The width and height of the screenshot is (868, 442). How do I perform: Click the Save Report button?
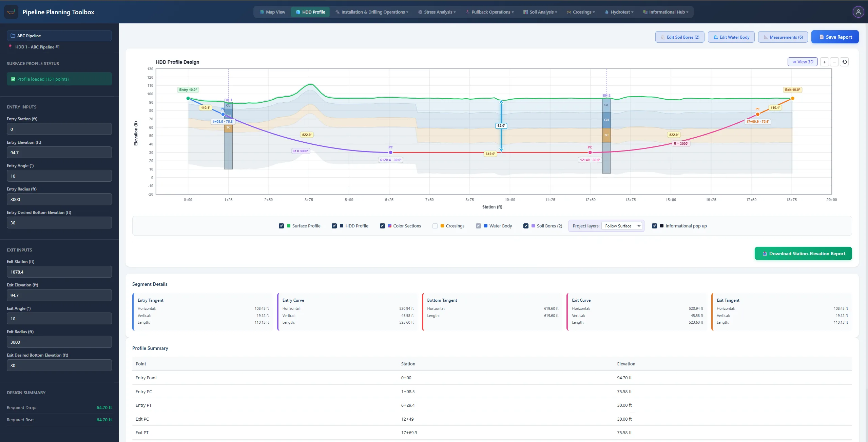coord(835,37)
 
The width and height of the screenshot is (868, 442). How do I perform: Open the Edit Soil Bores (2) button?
coord(680,37)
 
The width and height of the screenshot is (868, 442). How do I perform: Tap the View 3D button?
coord(803,62)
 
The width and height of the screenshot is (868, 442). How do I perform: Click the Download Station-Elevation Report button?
coord(803,254)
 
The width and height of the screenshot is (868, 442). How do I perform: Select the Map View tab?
coord(272,12)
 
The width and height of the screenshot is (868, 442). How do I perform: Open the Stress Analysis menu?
coord(437,12)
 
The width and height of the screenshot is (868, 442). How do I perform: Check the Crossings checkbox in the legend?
coord(435,226)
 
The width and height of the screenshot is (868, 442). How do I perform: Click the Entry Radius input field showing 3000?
coord(59,199)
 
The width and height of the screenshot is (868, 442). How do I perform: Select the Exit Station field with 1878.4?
coord(59,272)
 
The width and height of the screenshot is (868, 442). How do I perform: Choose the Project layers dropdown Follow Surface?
coord(622,226)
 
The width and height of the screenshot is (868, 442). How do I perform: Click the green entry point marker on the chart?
coord(188,98)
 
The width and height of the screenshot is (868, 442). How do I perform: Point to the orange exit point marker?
coord(792,98)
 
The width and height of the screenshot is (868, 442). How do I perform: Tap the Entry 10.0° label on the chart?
coord(188,90)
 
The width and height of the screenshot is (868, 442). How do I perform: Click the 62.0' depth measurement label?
coord(501,126)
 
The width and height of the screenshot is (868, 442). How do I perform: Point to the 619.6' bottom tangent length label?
coord(490,154)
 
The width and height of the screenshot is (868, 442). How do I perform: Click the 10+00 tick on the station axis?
coord(510,200)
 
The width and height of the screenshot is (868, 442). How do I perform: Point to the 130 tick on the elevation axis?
coord(150,69)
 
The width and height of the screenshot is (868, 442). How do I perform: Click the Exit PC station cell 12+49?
coord(407,419)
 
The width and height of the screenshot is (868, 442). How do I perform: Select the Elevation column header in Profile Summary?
coord(626,364)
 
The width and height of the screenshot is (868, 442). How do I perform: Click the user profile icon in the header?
coord(858,12)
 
